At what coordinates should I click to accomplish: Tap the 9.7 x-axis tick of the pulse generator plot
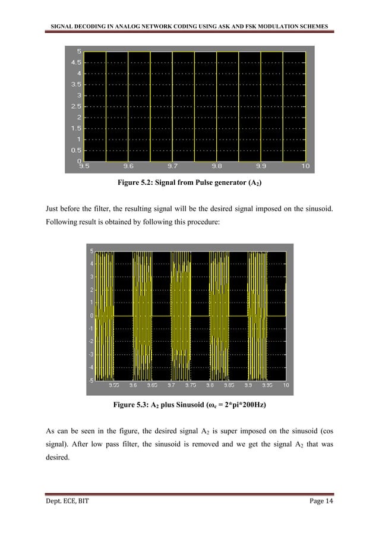pyautogui.click(x=172, y=167)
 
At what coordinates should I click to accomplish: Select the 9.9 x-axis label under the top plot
pyautogui.click(x=261, y=167)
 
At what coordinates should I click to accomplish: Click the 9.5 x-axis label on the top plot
pyautogui.click(x=84, y=167)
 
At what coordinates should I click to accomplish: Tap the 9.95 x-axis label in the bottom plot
pyautogui.click(x=267, y=385)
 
